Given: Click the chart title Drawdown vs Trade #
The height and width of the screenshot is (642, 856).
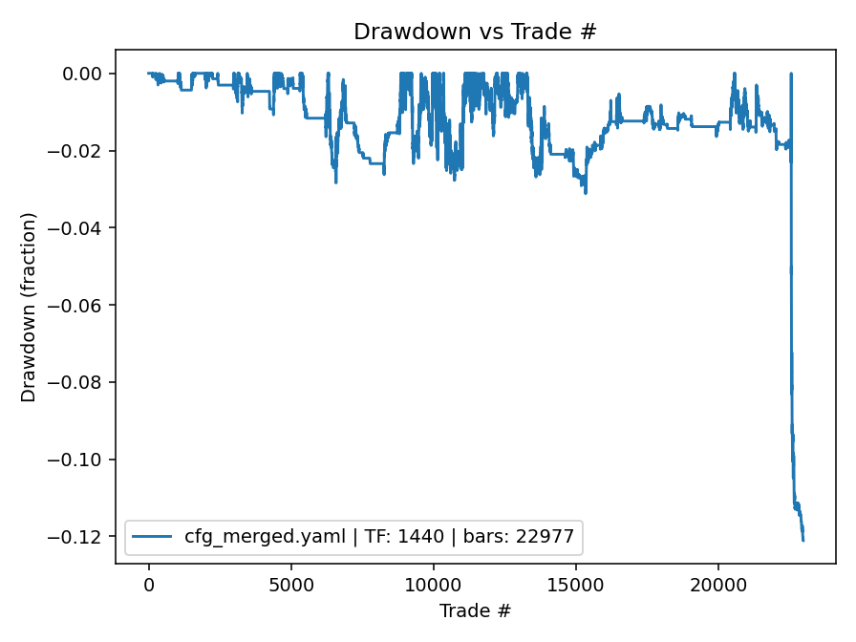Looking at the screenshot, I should (x=475, y=32).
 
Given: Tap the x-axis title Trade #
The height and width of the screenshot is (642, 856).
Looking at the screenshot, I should (x=475, y=610).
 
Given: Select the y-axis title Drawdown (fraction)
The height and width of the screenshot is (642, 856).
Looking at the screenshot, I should (x=29, y=307).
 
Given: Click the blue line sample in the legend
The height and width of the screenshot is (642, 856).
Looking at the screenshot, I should (x=154, y=537).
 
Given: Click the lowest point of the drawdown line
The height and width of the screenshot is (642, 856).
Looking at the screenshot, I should (x=803, y=541).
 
